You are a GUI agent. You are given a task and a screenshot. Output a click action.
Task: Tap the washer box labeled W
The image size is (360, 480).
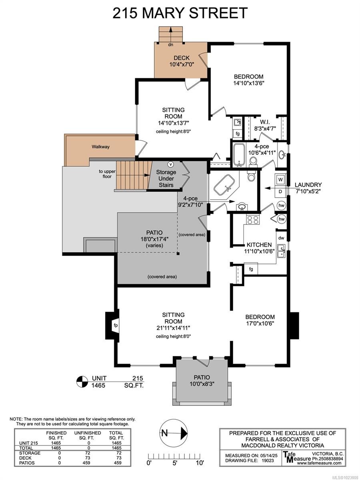point(280,180)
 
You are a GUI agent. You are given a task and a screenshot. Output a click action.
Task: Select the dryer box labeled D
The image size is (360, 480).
point(280,191)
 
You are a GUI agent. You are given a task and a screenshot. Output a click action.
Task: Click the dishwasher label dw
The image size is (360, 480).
point(281,238)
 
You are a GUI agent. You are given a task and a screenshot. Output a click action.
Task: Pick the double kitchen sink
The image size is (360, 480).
point(281,251)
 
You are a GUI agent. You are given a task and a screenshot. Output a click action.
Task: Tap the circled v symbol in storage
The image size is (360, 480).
point(170,164)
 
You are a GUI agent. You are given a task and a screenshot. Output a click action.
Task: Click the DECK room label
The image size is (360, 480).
point(182,58)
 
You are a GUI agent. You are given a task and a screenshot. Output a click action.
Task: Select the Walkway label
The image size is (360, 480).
point(100,147)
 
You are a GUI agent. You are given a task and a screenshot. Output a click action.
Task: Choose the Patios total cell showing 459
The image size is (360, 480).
point(118,463)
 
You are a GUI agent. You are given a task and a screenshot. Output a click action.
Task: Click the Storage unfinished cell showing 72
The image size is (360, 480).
point(88,453)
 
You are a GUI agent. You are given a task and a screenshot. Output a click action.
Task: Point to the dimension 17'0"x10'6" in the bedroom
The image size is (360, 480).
point(260,324)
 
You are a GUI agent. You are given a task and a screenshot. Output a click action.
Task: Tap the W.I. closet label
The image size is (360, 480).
point(265,122)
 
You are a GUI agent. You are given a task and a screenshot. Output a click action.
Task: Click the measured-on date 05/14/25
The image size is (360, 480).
point(268,456)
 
